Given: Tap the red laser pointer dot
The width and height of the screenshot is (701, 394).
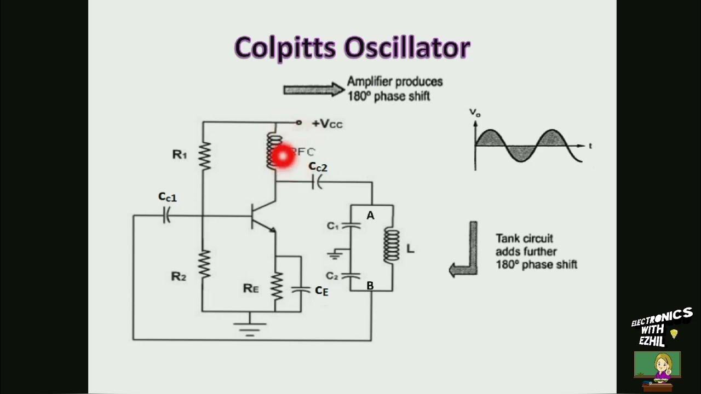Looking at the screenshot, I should [x=283, y=156].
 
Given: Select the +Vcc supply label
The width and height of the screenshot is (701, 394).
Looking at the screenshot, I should [x=327, y=124].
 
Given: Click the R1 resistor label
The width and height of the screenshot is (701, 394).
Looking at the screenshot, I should [x=180, y=155].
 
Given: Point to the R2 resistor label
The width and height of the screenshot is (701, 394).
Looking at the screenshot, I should [x=179, y=276].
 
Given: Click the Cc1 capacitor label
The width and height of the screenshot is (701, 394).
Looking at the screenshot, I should [x=168, y=197].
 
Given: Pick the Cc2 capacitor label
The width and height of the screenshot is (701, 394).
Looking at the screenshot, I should [x=318, y=167].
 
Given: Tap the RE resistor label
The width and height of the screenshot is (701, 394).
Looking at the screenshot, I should [x=251, y=288].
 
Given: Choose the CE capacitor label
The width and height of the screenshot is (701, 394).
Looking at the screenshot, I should [x=321, y=291].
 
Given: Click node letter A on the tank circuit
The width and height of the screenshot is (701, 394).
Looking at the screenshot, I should [x=370, y=216].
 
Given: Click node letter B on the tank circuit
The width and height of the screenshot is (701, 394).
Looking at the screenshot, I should [x=370, y=285].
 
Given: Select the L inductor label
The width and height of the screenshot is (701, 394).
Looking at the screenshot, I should [x=410, y=249].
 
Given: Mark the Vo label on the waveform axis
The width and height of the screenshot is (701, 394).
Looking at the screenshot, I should [x=474, y=112].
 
